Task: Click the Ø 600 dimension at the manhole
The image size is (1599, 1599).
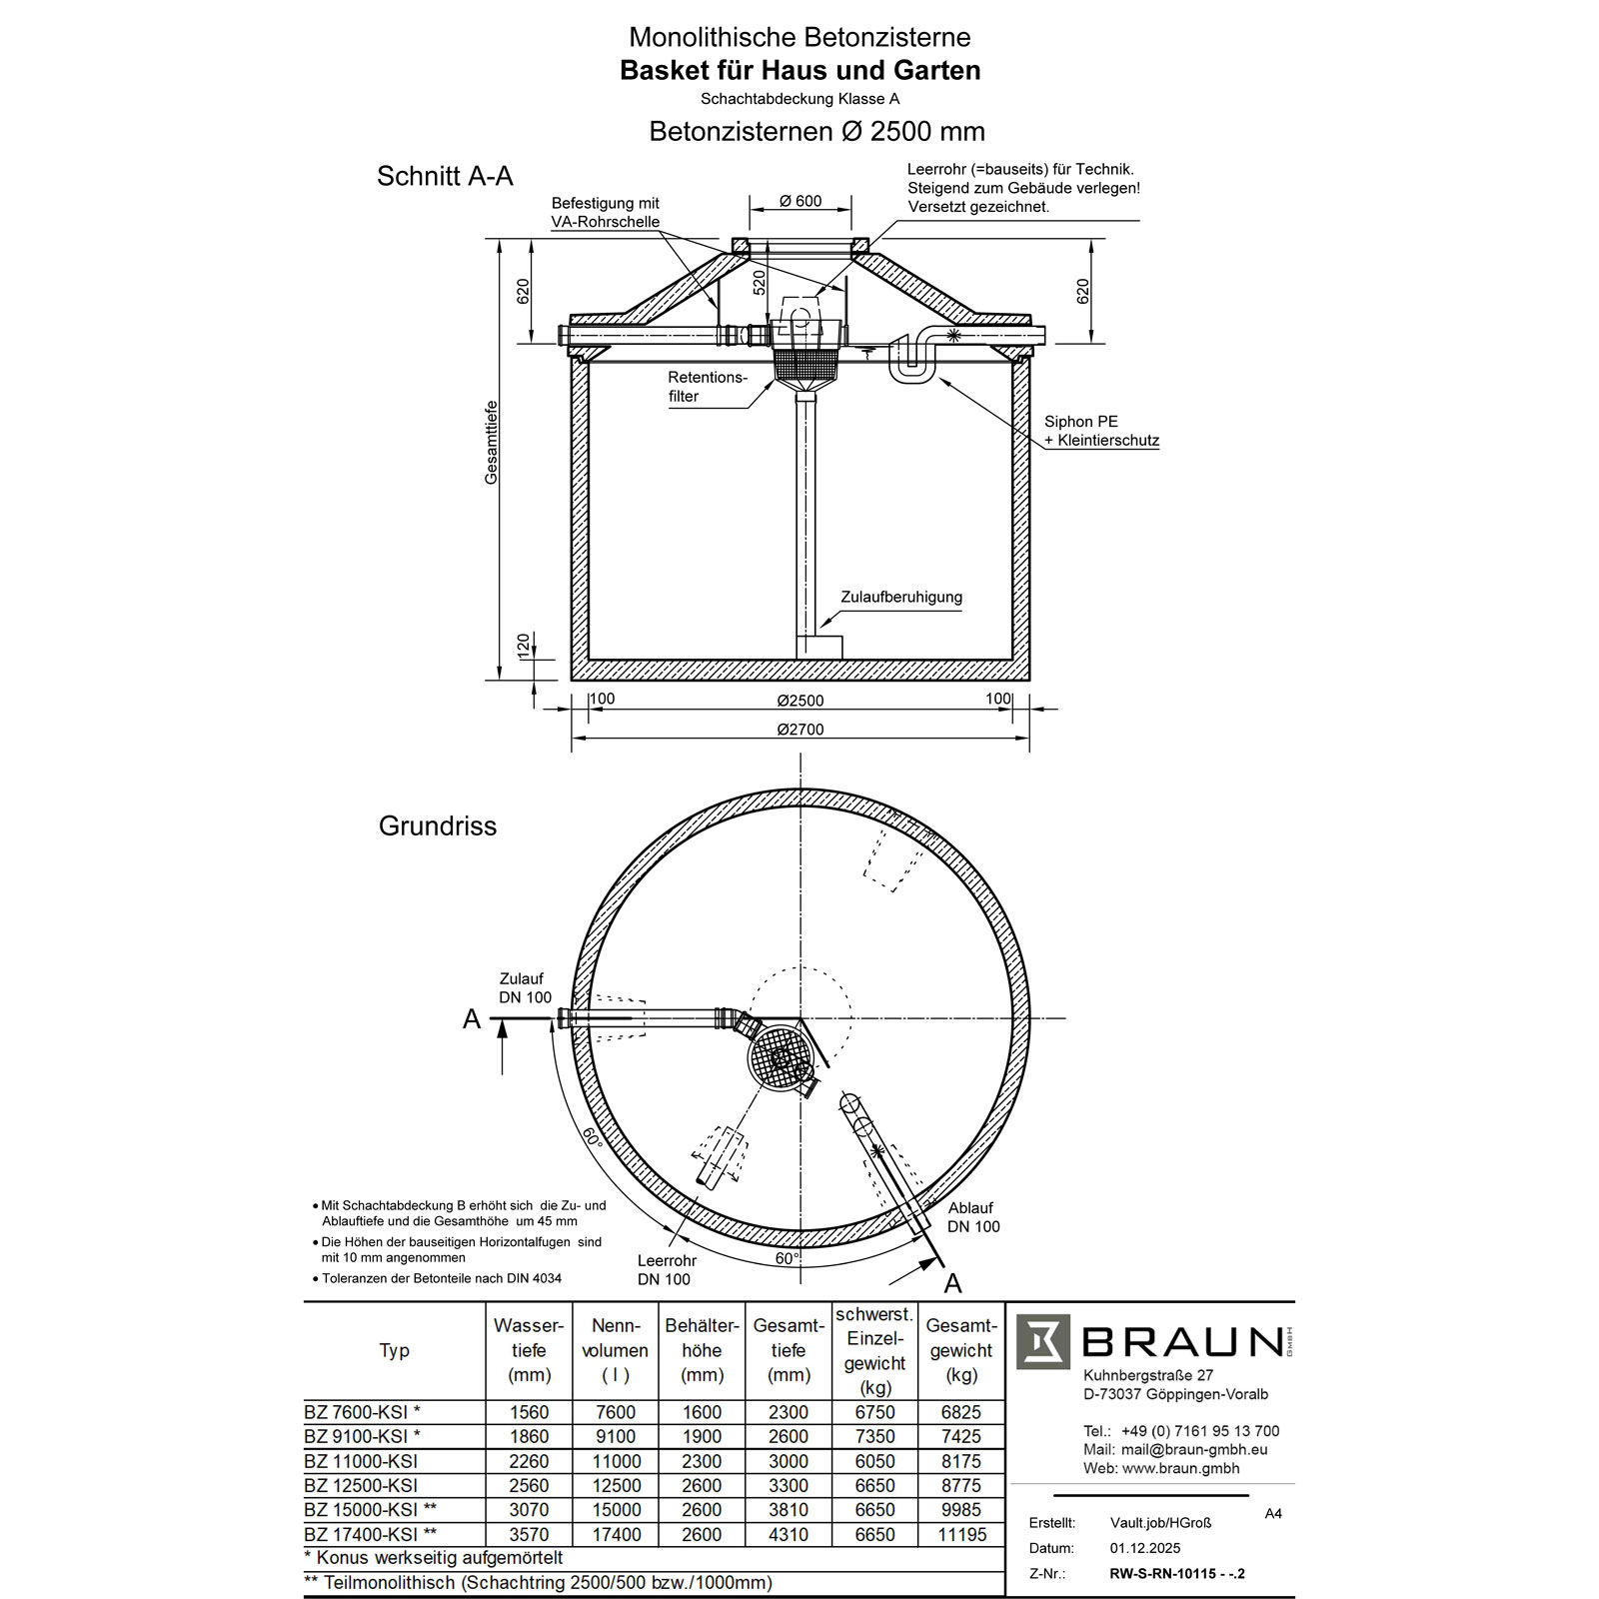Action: point(800,201)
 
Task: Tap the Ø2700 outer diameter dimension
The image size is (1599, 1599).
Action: point(800,730)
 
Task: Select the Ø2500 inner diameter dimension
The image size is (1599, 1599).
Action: point(800,701)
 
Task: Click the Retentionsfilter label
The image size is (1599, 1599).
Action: point(708,387)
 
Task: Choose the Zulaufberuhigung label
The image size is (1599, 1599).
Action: point(900,598)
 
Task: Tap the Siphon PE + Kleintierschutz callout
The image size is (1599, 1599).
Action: point(1100,431)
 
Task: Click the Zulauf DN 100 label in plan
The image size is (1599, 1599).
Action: point(525,988)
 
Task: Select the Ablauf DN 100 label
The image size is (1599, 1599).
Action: point(973,1217)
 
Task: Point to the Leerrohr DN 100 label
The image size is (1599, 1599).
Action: point(666,1270)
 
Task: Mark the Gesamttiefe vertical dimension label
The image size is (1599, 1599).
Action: point(492,443)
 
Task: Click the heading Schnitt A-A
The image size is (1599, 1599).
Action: point(445,176)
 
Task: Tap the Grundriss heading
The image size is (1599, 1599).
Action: point(438,826)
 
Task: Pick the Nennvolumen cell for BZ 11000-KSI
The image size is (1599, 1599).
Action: point(616,1461)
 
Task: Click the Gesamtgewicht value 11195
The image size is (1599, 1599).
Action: point(960,1534)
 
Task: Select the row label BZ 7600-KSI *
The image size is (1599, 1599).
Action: point(362,1412)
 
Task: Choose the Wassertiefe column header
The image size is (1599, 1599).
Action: point(529,1350)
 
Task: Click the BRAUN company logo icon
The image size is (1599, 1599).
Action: point(1042,1342)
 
